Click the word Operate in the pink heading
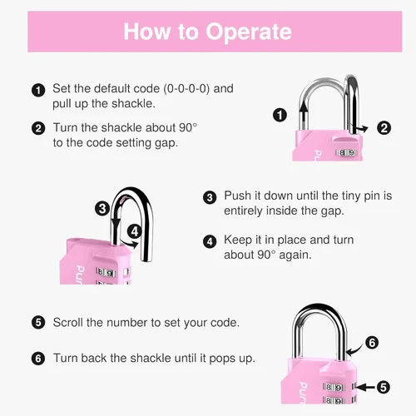click(249, 32)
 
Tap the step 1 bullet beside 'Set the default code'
click(38, 90)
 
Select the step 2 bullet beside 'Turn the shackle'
click(38, 129)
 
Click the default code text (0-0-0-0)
click(186, 89)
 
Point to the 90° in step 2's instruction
click(188, 127)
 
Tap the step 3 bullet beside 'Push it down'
click(210, 197)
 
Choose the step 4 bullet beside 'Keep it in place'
click(210, 241)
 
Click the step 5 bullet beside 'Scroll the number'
click(38, 323)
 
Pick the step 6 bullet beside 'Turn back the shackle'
click(38, 359)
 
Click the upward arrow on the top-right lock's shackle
click(305, 115)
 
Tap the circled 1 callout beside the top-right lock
click(280, 115)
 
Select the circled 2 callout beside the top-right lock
click(384, 128)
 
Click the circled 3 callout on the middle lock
click(102, 208)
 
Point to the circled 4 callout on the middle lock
click(135, 231)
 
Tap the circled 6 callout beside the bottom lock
click(372, 343)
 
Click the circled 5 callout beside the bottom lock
click(384, 387)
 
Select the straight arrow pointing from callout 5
click(365, 387)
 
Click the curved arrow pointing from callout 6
click(355, 350)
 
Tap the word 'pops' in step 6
click(221, 359)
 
